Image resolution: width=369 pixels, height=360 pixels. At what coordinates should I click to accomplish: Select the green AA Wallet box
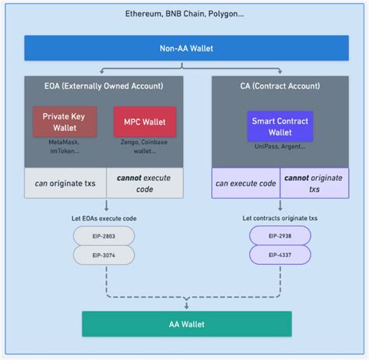[x=187, y=323]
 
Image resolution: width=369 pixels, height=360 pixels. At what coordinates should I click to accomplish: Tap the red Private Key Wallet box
[x=64, y=122]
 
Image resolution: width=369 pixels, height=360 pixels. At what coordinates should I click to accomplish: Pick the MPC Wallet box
[x=145, y=122]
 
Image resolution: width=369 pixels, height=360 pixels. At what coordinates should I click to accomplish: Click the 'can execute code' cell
[x=246, y=183]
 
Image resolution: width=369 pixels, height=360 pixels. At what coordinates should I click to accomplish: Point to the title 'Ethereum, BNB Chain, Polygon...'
[x=184, y=15]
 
